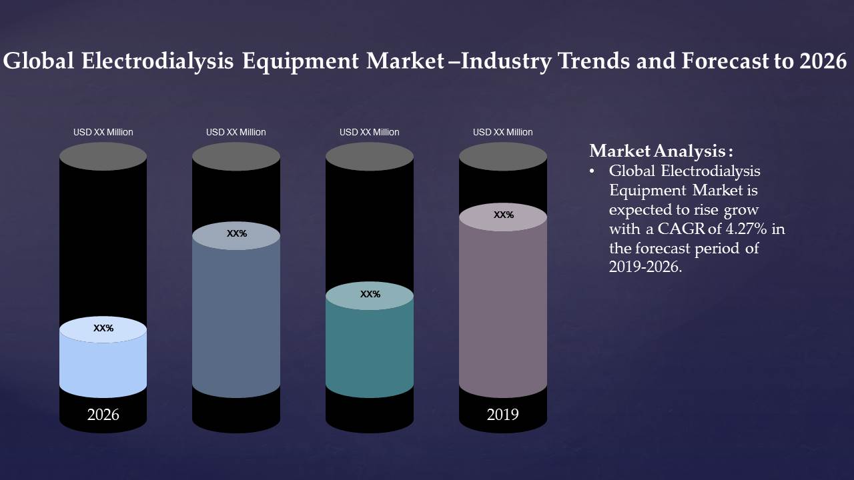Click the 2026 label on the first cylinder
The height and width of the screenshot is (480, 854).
[103, 415]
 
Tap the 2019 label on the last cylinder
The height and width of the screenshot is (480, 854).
[502, 415]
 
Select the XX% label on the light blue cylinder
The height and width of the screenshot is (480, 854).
[103, 328]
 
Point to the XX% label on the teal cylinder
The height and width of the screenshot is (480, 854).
[370, 294]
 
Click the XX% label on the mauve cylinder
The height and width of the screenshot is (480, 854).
[504, 215]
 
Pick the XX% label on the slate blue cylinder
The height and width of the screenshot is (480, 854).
[237, 233]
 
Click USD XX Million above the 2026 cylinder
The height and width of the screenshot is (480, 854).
[103, 132]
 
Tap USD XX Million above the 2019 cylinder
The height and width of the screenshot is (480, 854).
[503, 132]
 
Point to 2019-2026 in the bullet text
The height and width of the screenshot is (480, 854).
[645, 267]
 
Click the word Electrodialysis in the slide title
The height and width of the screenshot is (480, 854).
[157, 61]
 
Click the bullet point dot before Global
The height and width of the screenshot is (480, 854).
[592, 171]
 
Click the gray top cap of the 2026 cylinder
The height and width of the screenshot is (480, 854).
[103, 157]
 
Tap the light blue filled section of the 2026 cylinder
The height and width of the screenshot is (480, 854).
[103, 363]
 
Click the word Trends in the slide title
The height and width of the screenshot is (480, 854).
[589, 61]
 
